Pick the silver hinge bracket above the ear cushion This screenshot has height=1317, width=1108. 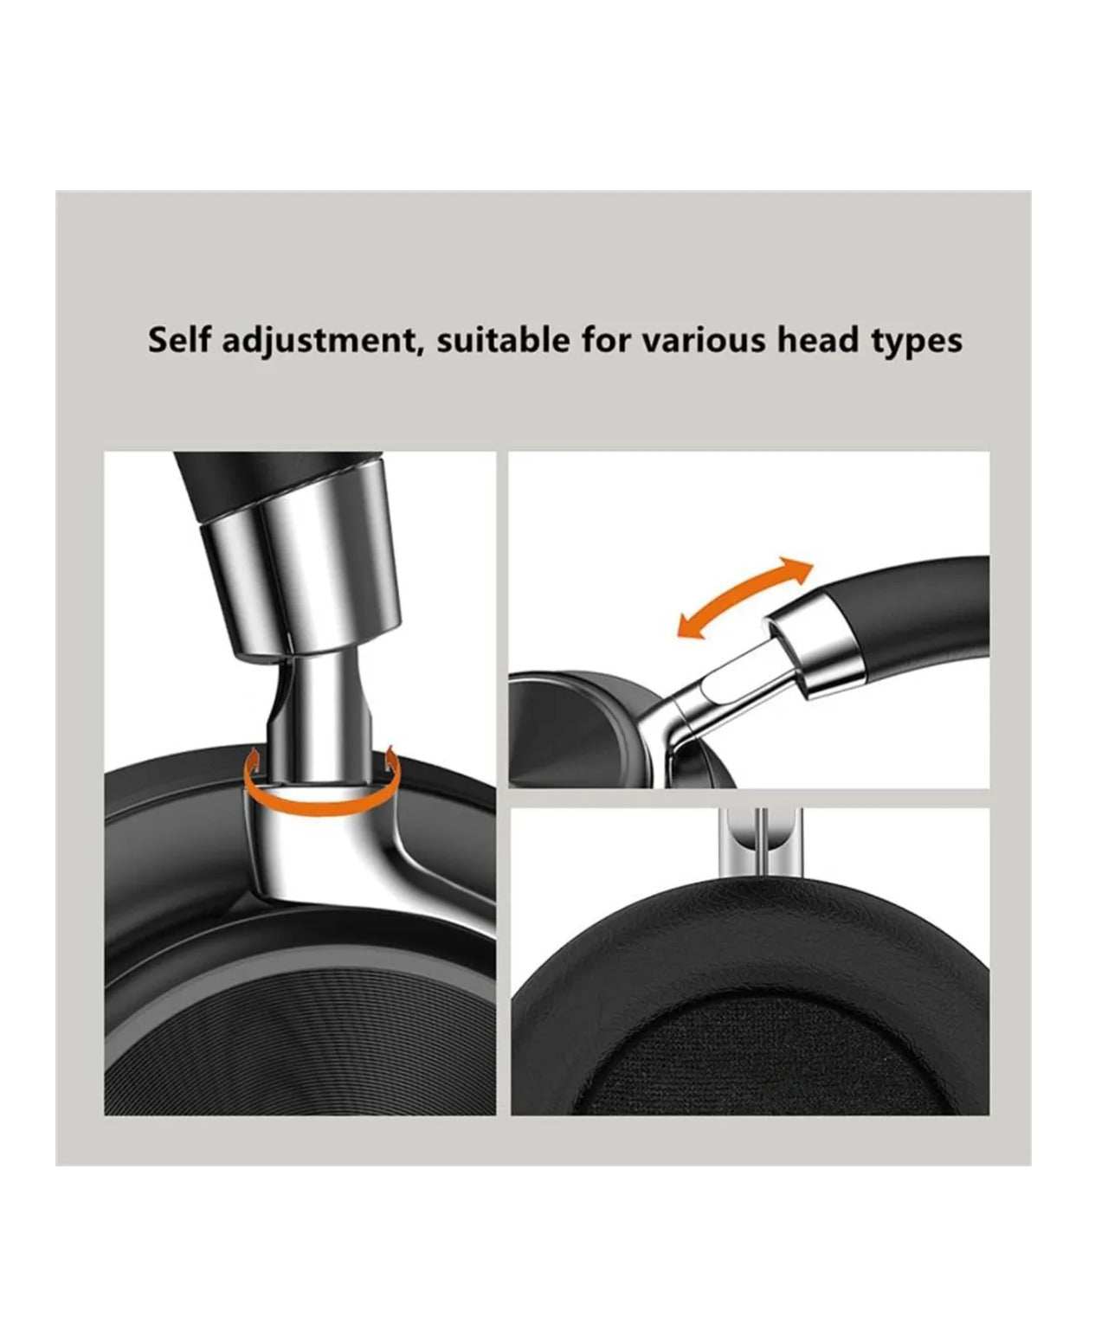[x=763, y=842]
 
